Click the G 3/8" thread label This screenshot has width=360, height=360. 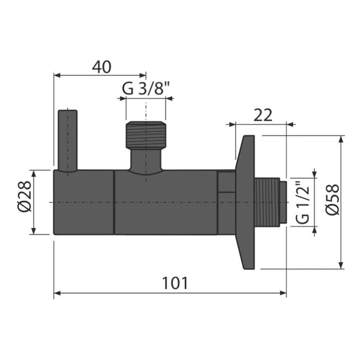(x=145, y=89)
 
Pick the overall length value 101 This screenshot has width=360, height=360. (x=175, y=284)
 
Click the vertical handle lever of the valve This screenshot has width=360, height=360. (x=67, y=140)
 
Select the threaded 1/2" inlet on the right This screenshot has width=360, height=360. (x=270, y=202)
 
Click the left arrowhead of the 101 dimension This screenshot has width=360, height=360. (x=60, y=292)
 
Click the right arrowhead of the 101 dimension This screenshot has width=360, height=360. (x=283, y=292)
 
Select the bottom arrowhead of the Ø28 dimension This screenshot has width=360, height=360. (x=38, y=232)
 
